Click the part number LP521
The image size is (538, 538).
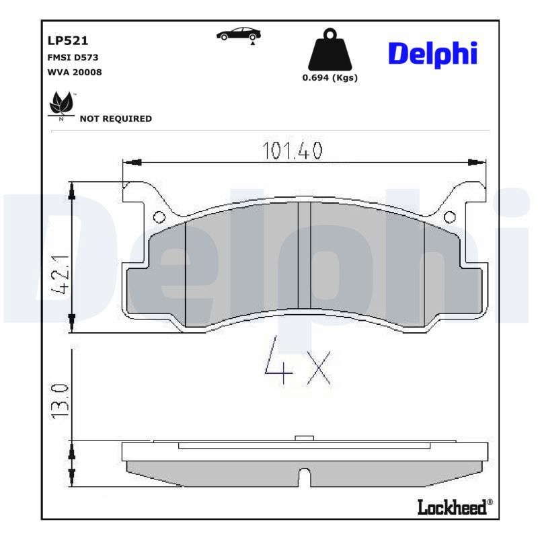pyautogui.click(x=68, y=41)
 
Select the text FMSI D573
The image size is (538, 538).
pyautogui.click(x=73, y=57)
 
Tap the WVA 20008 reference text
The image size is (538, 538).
pyautogui.click(x=75, y=72)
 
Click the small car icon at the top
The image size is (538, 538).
pyautogui.click(x=239, y=36)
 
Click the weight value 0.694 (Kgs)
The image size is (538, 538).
pyautogui.click(x=330, y=78)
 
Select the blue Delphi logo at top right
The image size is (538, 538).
pyautogui.click(x=432, y=54)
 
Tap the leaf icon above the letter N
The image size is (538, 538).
pyautogui.click(x=61, y=102)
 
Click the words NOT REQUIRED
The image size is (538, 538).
pyautogui.click(x=116, y=119)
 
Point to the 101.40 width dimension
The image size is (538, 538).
pyautogui.click(x=293, y=151)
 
